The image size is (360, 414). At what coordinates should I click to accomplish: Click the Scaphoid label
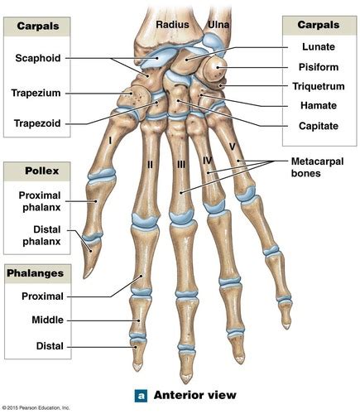pos(38,58)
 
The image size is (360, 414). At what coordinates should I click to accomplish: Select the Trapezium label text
pos(36,93)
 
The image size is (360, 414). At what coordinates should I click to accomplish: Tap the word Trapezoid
pos(37,123)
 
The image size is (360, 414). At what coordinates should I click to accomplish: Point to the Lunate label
pos(319,46)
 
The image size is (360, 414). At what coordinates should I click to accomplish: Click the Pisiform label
pos(319,67)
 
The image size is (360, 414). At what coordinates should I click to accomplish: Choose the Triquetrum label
pos(319,86)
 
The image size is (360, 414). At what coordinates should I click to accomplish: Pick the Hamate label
pos(319,105)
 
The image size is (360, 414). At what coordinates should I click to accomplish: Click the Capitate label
pos(319,126)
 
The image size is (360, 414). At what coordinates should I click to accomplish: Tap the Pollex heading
pos(42,171)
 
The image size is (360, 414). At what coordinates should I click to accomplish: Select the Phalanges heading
pos(36,273)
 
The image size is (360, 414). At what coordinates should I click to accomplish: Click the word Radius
pos(172,25)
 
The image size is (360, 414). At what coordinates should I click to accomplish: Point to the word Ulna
pos(218,25)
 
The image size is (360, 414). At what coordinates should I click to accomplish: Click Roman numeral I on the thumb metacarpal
pos(110,141)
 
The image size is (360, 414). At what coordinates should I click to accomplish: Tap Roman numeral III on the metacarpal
pos(181,165)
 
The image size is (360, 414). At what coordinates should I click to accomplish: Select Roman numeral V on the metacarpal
pos(232,147)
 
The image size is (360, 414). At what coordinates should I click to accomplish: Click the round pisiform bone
pos(215,69)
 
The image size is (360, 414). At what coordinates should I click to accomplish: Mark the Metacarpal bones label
pos(317,167)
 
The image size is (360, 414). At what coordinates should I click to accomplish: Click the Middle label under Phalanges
pos(47,320)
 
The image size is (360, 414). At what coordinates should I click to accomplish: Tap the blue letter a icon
pos(141,396)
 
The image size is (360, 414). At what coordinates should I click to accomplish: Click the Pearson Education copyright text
pos(36,407)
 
